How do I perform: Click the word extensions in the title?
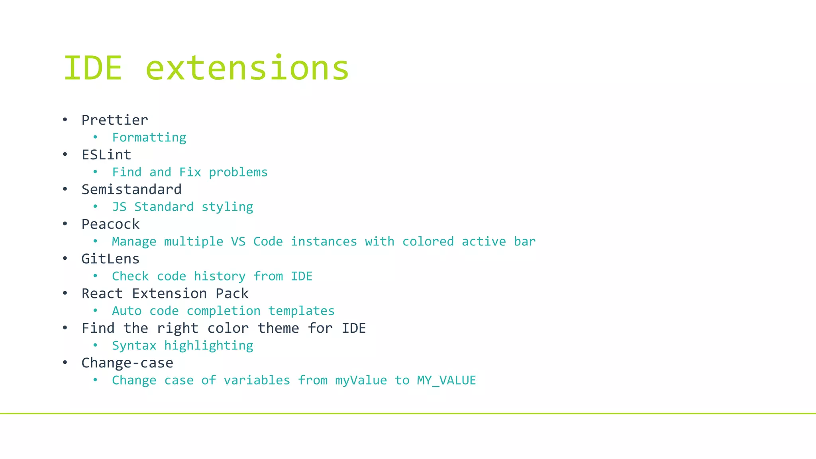tap(247, 68)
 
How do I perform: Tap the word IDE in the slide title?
tap(93, 68)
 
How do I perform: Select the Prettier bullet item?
tap(115, 120)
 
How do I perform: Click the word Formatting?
tap(149, 137)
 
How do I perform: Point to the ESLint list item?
tap(106, 155)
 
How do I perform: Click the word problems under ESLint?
tap(238, 172)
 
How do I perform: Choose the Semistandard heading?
tap(131, 189)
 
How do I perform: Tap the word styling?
tap(227, 207)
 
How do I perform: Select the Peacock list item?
tap(110, 224)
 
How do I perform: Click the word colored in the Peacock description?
tap(428, 241)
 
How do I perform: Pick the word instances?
tap(324, 241)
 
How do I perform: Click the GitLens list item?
tap(110, 259)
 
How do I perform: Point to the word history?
tap(220, 276)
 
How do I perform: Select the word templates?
tap(301, 311)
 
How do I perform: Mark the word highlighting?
tap(208, 345)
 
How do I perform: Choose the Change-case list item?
tap(127, 363)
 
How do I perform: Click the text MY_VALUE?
tap(446, 380)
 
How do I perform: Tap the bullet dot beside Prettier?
tap(65, 120)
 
